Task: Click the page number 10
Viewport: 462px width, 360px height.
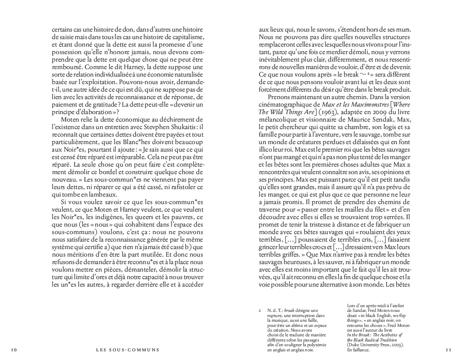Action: pos(14,350)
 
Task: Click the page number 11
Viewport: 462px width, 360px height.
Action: pos(447,350)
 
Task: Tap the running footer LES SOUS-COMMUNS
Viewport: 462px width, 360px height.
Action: pos(128,350)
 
